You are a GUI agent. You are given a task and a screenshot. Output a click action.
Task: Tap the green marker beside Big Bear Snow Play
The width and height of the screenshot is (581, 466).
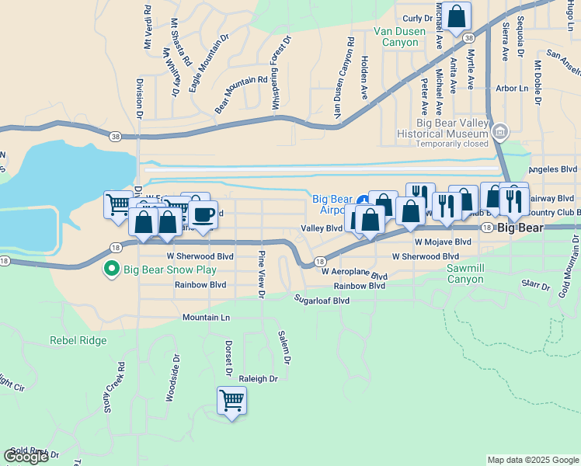[111, 270]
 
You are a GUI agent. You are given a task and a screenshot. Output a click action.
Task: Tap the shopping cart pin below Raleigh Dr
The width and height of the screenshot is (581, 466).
[231, 402]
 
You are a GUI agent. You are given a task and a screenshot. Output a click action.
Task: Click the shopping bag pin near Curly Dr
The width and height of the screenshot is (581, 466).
[457, 15]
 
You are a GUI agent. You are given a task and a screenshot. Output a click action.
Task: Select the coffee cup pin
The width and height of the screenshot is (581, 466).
[204, 214]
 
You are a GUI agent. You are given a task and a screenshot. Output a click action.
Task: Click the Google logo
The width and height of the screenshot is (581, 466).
[26, 456]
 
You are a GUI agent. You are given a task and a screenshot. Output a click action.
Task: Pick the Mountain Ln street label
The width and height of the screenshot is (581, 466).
[207, 318]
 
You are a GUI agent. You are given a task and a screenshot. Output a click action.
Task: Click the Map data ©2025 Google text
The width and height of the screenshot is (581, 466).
[532, 460]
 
